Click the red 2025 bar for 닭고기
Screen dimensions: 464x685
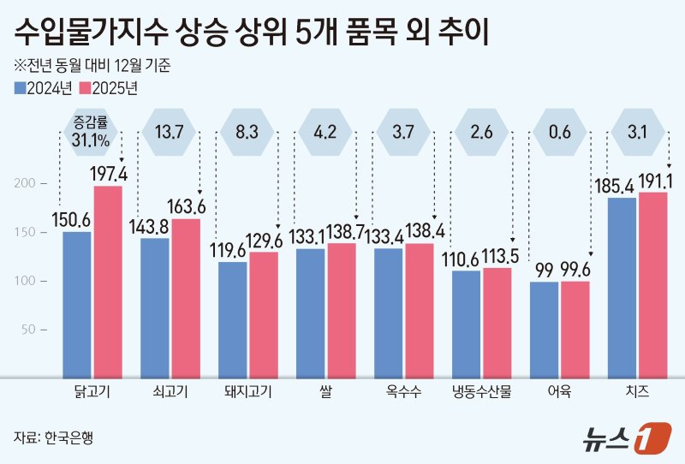click(x=108, y=281)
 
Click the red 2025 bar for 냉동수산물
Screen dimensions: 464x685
click(x=497, y=322)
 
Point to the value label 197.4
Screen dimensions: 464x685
click(x=110, y=175)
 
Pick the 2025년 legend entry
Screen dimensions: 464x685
click(x=109, y=87)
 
